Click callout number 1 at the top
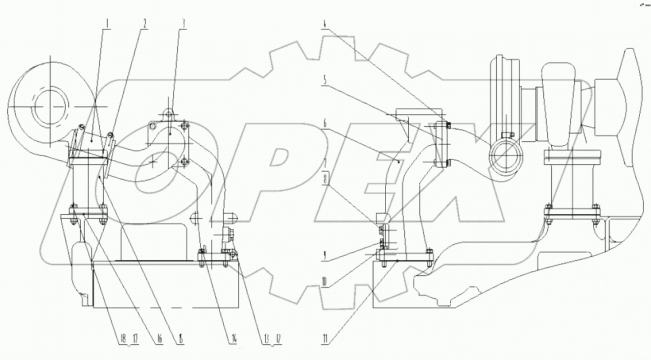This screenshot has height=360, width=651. (107, 25)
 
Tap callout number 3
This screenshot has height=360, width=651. (182, 25)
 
